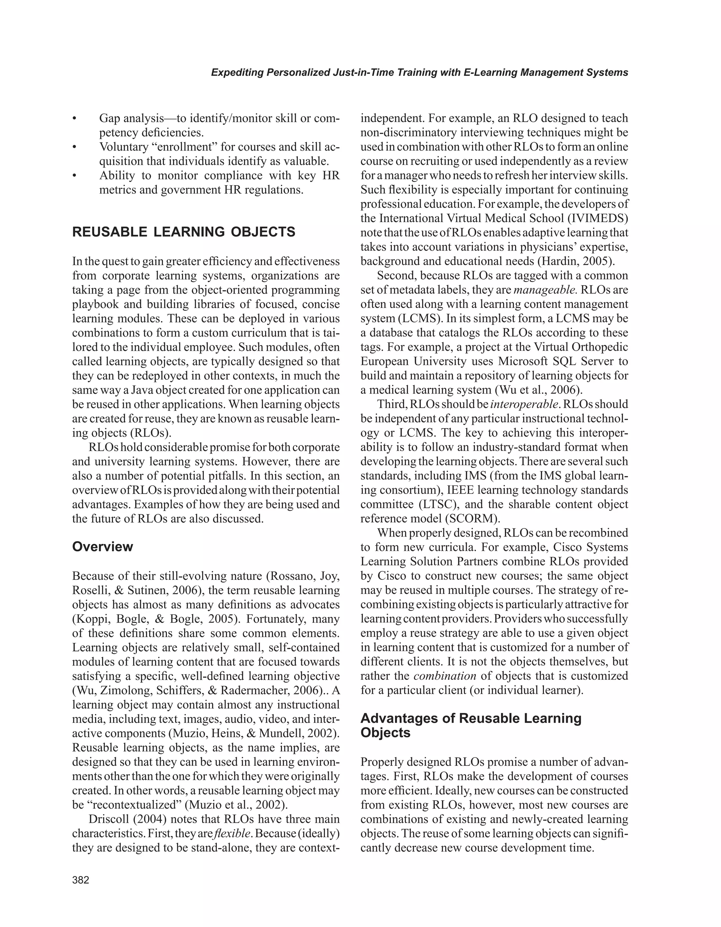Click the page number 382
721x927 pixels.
pyautogui.click(x=81, y=880)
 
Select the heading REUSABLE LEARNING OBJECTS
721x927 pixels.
pyautogui.click(x=184, y=232)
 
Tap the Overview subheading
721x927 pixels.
pyautogui.click(x=102, y=547)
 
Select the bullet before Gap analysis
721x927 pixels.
pyautogui.click(x=75, y=118)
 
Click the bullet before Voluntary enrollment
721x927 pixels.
pyautogui.click(x=75, y=147)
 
